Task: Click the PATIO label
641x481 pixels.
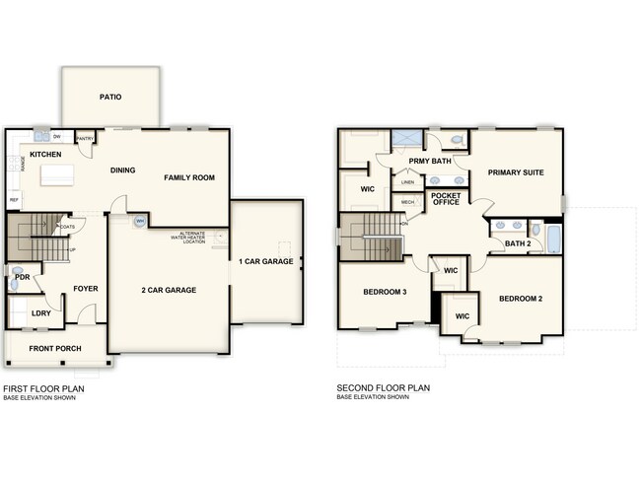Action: (x=110, y=97)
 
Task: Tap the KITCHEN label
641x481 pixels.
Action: (x=45, y=155)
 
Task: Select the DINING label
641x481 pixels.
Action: (x=123, y=171)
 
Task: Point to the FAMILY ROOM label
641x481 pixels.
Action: (x=189, y=177)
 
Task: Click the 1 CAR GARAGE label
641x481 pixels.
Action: (x=266, y=261)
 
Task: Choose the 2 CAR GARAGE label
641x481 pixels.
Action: (x=168, y=290)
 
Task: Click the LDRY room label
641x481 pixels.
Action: (x=40, y=313)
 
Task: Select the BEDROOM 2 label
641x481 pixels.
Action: (x=520, y=299)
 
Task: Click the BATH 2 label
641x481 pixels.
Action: (x=517, y=243)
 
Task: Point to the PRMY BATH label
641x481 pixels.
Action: (x=430, y=160)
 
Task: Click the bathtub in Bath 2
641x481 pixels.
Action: (x=552, y=239)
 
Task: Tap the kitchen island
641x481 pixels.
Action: (x=55, y=175)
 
